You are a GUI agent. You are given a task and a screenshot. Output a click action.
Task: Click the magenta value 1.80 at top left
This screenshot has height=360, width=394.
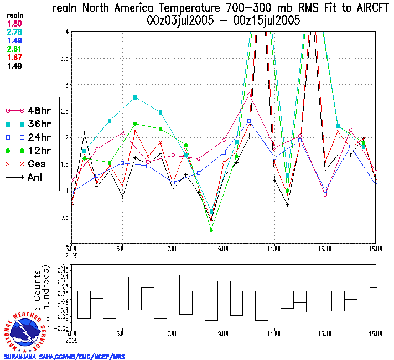[x=14, y=24]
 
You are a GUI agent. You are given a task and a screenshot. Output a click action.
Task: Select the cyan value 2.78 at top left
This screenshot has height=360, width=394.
[x=14, y=32]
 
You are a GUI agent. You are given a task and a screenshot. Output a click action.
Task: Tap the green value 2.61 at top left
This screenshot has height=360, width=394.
[x=14, y=49]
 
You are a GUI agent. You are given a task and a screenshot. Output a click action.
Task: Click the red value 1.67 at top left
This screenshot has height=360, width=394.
[x=14, y=57]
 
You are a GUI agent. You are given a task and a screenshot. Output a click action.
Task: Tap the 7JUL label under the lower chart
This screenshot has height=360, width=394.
[x=173, y=334]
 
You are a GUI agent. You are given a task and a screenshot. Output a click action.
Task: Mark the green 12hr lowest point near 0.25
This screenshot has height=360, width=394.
[x=211, y=230]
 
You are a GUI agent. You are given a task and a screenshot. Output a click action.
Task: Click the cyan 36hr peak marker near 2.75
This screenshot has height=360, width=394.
[x=135, y=97]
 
